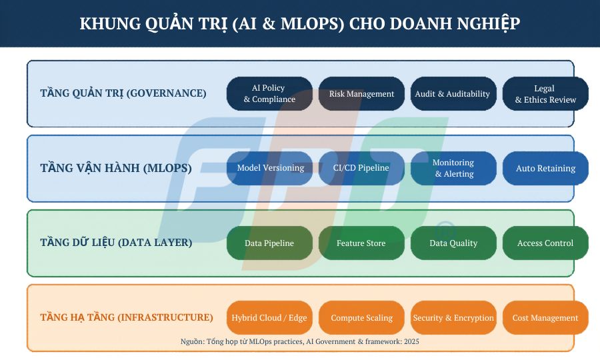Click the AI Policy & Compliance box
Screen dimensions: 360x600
tap(269, 94)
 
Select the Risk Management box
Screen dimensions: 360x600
tap(361, 94)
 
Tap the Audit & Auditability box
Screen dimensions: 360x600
tap(453, 94)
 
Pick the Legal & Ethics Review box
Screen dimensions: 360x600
tap(545, 94)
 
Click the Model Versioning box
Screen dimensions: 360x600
tap(270, 168)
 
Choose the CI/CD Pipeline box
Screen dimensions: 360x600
tap(361, 168)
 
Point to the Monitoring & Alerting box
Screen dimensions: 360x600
tap(453, 168)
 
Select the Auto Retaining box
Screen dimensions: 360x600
tap(545, 168)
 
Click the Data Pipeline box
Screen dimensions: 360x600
tap(269, 243)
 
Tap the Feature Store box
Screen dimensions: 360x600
tap(361, 243)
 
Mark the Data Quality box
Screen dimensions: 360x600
tap(453, 243)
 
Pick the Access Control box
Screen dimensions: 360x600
tap(545, 243)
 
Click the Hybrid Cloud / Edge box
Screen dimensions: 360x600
tap(269, 318)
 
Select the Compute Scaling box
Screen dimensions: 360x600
tap(361, 318)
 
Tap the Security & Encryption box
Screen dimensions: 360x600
tap(453, 318)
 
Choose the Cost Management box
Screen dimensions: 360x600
tap(545, 318)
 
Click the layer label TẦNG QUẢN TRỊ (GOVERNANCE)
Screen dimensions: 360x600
tap(123, 93)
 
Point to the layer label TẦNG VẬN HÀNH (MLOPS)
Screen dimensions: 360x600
tap(116, 168)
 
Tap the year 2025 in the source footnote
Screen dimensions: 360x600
tap(409, 341)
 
